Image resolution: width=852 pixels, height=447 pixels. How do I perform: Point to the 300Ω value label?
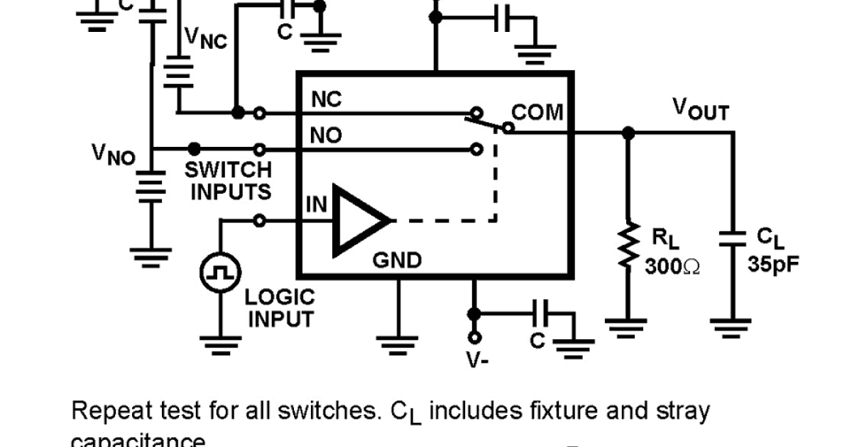tap(672, 266)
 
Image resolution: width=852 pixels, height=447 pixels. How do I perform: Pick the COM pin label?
tap(537, 113)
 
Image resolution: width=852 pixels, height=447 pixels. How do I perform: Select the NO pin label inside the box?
tap(327, 136)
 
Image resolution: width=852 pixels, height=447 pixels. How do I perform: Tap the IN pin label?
tap(316, 205)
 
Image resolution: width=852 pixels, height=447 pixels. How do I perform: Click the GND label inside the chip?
tap(397, 260)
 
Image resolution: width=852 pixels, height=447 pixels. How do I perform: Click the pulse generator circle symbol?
tap(220, 272)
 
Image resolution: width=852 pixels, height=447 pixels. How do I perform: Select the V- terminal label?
tap(476, 360)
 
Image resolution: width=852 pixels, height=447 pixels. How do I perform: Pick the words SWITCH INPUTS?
tap(228, 181)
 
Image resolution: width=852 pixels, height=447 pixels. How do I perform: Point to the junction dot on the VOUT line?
tap(627, 132)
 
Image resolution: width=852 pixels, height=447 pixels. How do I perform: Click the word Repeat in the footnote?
tap(114, 411)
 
